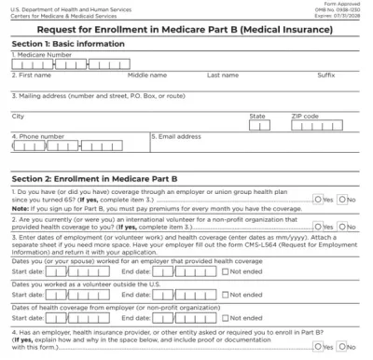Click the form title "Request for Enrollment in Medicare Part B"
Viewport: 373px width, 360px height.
point(186,32)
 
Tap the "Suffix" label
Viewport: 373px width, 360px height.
point(325,75)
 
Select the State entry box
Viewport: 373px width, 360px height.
point(260,124)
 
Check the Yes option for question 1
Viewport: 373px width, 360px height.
point(320,200)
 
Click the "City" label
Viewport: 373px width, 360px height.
point(18,116)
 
